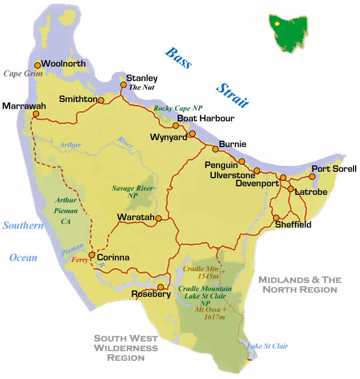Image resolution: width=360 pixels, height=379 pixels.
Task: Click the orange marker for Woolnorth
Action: pyautogui.click(x=37, y=65)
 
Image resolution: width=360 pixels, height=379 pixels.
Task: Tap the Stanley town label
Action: pyautogui.click(x=142, y=78)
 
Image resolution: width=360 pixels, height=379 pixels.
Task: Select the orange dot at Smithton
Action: pyautogui.click(x=101, y=100)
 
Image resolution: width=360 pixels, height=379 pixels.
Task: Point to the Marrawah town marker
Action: pyautogui.click(x=36, y=114)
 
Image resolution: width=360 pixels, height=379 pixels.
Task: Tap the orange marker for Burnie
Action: pyautogui.click(x=215, y=149)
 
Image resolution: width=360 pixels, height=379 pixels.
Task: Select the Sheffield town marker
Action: pyautogui.click(x=276, y=218)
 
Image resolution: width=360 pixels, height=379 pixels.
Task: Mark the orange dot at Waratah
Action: pyautogui.click(x=159, y=218)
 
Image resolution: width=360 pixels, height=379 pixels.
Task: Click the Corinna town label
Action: pyautogui.click(x=113, y=257)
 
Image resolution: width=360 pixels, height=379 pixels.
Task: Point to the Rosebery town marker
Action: pyautogui.click(x=160, y=287)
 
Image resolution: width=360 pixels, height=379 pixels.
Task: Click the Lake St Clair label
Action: pyautogui.click(x=267, y=346)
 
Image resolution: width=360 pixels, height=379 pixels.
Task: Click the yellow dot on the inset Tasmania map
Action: pyautogui.click(x=277, y=24)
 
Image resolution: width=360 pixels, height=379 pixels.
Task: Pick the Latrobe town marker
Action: pyautogui.click(x=291, y=189)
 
